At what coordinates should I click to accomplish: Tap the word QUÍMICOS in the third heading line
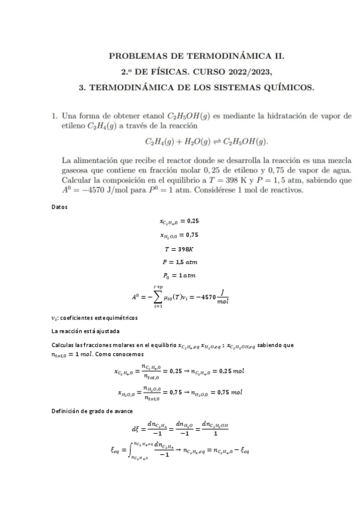285,88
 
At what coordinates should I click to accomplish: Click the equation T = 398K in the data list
180,248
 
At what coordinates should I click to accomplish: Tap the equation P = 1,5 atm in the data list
180,262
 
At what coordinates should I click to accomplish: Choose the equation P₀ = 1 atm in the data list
180,276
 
